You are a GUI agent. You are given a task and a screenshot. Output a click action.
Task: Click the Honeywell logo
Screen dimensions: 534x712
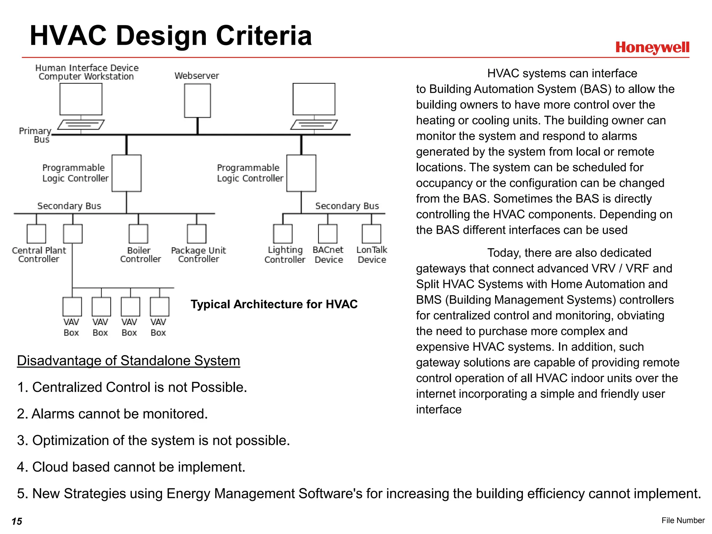tap(652, 48)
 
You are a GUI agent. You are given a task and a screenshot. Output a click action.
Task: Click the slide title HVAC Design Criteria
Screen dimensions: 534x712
tap(171, 35)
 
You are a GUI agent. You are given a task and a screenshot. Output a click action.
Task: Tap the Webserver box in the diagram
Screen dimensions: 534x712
tap(197, 101)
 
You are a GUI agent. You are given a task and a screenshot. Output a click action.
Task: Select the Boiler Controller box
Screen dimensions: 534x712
tap(138, 234)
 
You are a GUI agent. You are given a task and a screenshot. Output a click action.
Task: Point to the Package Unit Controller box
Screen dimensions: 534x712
tap(197, 234)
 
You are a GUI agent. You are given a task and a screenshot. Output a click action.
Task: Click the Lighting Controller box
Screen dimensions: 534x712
tap(283, 234)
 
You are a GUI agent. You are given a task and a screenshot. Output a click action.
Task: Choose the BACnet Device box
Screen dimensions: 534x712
tap(328, 234)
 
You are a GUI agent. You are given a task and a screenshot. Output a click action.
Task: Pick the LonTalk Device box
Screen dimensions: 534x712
tap(372, 234)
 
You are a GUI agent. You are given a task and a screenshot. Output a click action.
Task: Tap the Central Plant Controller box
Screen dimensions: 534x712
tap(37, 234)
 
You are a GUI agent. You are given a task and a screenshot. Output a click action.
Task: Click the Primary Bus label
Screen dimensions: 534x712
tap(35, 135)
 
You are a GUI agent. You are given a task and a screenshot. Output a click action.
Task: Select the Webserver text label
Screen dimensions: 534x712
tap(197, 76)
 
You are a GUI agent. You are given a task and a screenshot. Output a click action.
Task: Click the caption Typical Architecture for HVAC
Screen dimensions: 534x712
tap(274, 304)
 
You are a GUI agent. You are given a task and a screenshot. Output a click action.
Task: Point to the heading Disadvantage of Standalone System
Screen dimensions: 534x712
tap(128, 361)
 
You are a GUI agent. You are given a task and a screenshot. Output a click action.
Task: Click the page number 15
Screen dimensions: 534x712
tap(17, 521)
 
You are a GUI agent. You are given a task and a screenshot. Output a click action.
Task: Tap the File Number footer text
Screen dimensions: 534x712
tap(683, 520)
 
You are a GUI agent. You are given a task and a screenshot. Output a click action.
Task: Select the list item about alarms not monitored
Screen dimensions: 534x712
tap(112, 414)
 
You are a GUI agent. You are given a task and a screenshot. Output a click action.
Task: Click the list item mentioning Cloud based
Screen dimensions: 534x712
tap(131, 467)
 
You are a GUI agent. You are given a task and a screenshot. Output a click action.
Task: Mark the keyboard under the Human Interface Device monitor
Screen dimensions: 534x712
tap(81, 124)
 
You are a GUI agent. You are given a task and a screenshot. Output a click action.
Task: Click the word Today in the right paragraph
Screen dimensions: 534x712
tap(504, 253)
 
